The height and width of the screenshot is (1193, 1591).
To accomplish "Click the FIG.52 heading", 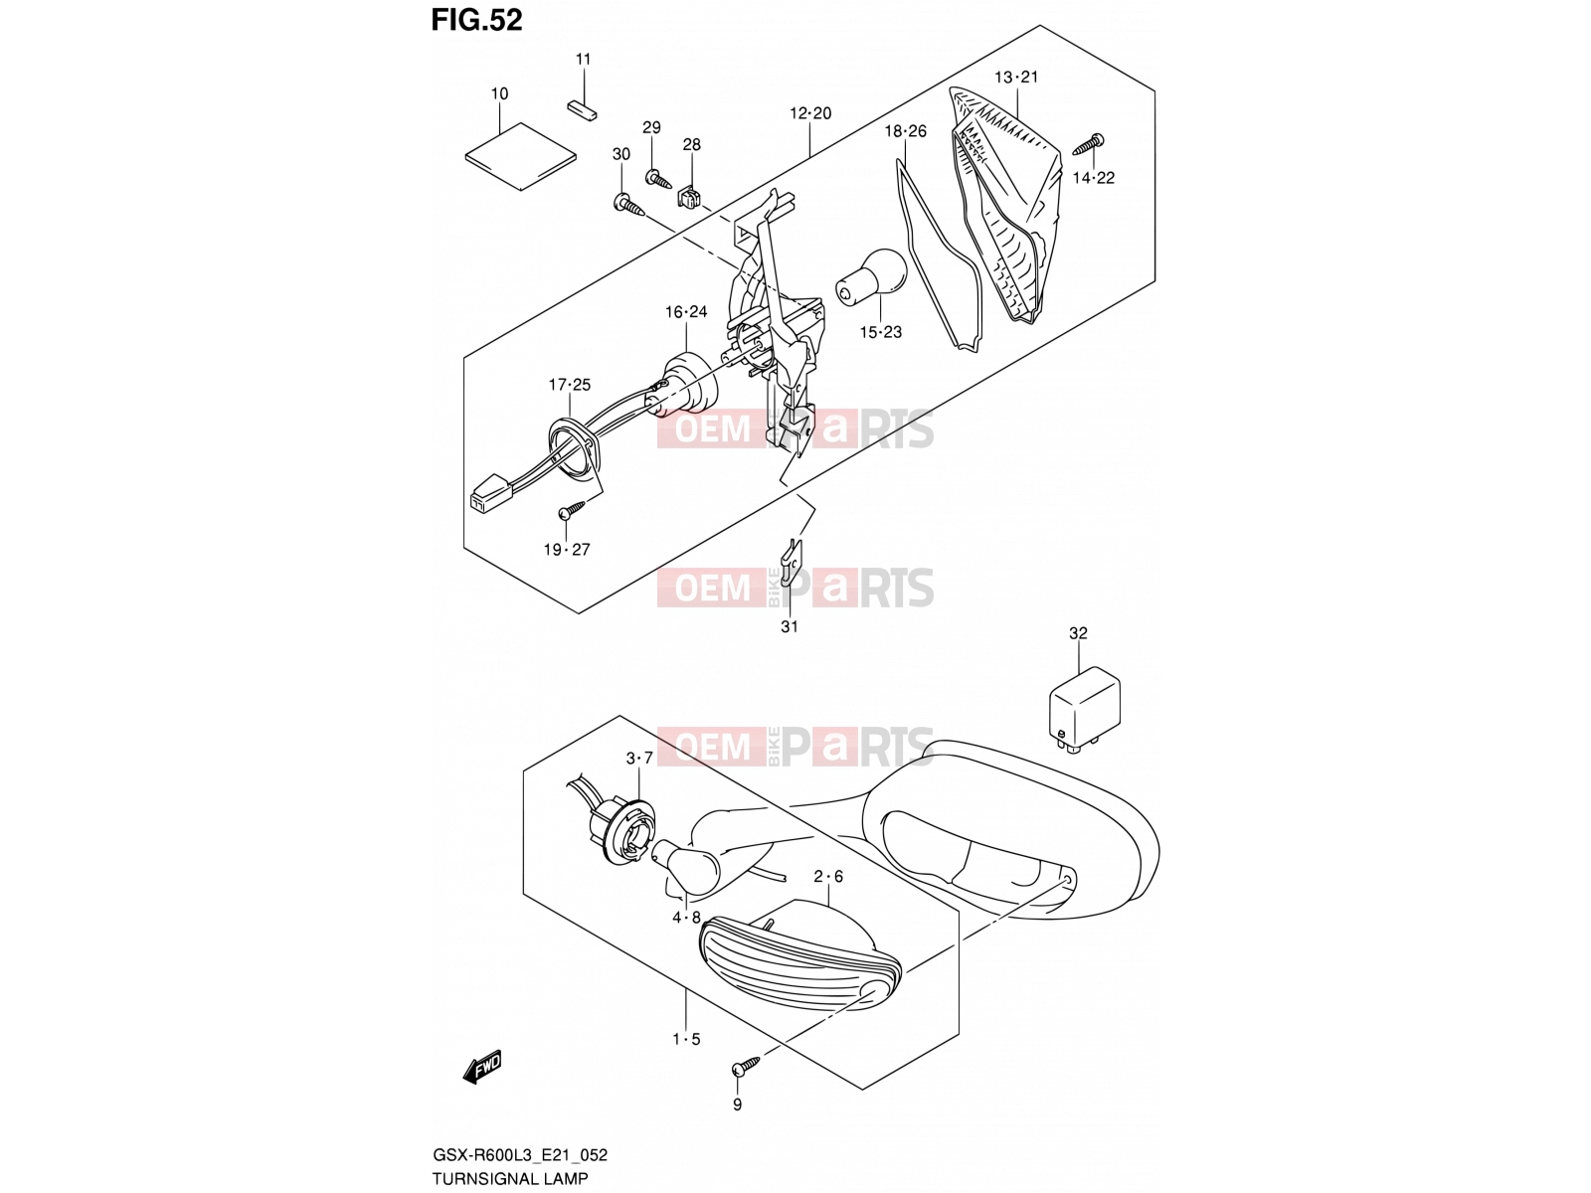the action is [476, 20].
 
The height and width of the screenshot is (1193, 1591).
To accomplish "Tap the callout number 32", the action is [1078, 633].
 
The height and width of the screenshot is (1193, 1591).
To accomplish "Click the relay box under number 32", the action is [1084, 711].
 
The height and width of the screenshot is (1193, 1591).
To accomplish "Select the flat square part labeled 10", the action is [520, 156].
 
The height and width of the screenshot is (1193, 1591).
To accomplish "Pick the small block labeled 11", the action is [582, 109].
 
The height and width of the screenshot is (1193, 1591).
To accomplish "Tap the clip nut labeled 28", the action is [691, 197].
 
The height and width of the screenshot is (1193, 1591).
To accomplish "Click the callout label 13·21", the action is [1016, 77].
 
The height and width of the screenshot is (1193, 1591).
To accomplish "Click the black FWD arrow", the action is [481, 1067].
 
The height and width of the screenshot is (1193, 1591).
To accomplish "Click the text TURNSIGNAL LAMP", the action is [509, 1178].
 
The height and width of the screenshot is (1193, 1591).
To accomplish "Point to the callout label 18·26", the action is [905, 131].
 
